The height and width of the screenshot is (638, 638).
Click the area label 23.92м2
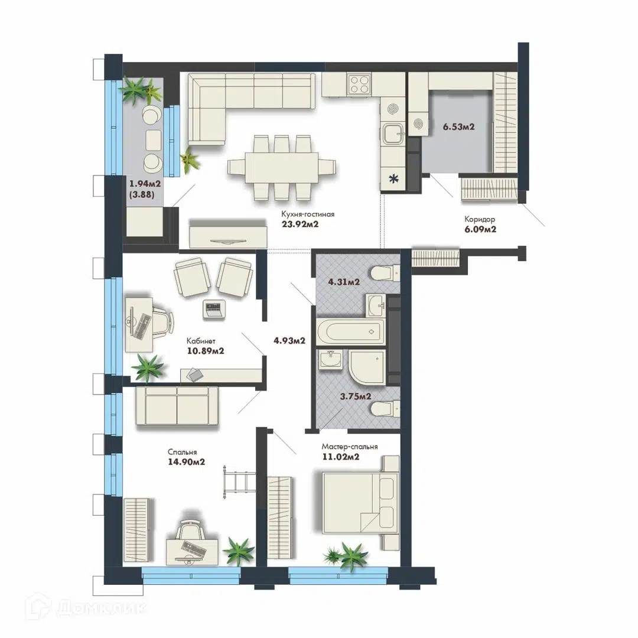click(300, 224)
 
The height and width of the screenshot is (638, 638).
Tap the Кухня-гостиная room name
click(308, 214)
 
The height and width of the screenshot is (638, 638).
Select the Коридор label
click(480, 219)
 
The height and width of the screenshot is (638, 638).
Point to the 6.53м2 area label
click(458, 126)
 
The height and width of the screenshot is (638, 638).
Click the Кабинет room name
click(201, 341)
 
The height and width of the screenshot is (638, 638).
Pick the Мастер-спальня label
click(350, 447)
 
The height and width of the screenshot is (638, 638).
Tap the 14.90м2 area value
click(186, 462)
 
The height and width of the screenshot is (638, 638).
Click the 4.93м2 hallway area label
click(289, 341)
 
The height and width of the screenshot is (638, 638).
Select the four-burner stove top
click(359, 84)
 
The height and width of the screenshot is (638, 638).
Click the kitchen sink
click(393, 134)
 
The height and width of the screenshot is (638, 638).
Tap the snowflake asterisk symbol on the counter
click(393, 178)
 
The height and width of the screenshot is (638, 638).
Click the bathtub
click(350, 331)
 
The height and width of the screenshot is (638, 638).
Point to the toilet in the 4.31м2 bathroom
click(386, 272)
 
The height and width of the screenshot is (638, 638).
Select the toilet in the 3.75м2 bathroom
click(386, 409)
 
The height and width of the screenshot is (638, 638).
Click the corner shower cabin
click(367, 367)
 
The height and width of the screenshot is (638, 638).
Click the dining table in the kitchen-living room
click(282, 168)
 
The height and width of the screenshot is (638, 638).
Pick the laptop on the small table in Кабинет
click(214, 309)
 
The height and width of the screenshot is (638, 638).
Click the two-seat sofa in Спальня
click(177, 406)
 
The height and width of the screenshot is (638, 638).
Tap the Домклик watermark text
click(100, 608)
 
